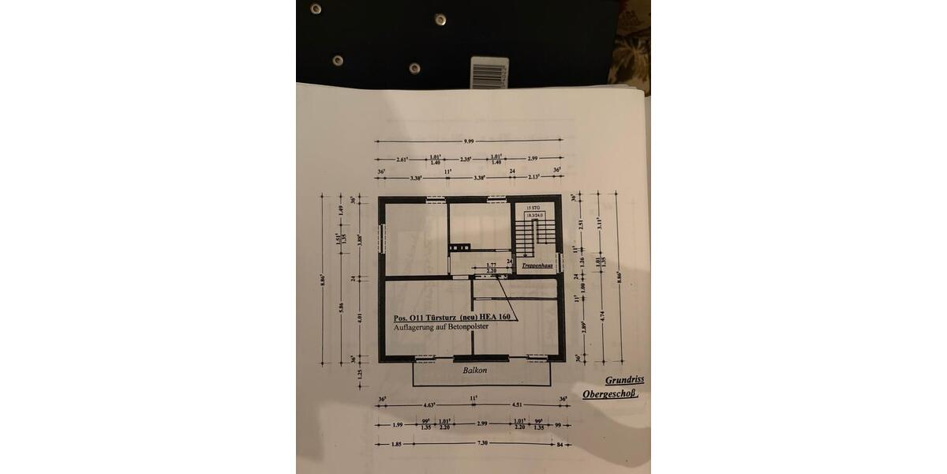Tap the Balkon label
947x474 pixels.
click(475, 370)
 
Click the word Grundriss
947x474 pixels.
click(624, 381)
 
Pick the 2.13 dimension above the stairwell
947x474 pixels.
click(533, 178)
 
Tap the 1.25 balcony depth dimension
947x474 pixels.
click(361, 374)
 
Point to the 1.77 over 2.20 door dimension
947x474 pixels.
click(490, 268)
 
